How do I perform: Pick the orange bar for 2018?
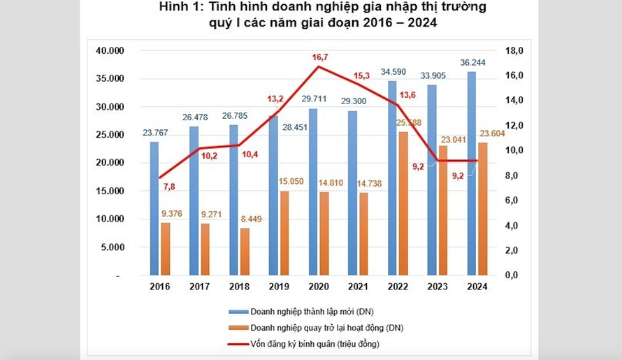[x=245, y=252]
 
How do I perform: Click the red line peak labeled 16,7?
[x=319, y=67]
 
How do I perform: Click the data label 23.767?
[x=155, y=133]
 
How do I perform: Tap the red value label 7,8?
[x=170, y=186]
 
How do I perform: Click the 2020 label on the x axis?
[x=319, y=286]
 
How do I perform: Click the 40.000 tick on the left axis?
[x=109, y=51]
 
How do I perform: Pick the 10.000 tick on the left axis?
[x=109, y=219]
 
